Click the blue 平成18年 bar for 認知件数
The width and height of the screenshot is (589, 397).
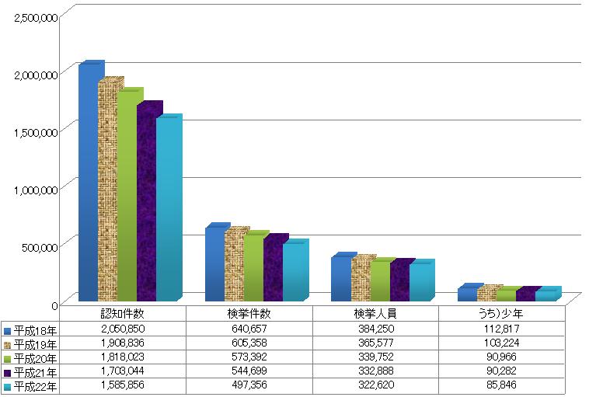click(x=89, y=183)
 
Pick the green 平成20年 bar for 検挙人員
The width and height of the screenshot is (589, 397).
click(x=381, y=281)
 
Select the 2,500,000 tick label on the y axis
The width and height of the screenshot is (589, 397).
click(x=36, y=17)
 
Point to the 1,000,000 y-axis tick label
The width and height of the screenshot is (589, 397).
click(x=36, y=190)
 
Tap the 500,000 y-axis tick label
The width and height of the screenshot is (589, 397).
click(x=40, y=247)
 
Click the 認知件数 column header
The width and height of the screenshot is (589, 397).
click(x=123, y=313)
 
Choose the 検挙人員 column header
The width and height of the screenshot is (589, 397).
click(x=375, y=313)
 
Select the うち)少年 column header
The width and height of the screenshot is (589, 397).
click(x=501, y=313)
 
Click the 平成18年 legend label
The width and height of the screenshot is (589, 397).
click(x=35, y=330)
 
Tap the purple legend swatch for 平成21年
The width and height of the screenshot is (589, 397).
click(x=7, y=373)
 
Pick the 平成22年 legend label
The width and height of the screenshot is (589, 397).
click(x=35, y=386)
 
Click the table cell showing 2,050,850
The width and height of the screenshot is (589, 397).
click(x=123, y=329)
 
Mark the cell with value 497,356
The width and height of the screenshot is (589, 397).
click(x=249, y=385)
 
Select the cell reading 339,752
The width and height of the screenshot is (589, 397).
click(x=375, y=357)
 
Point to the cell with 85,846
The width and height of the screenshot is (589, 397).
click(x=501, y=385)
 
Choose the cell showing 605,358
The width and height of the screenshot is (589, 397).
click(x=249, y=343)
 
